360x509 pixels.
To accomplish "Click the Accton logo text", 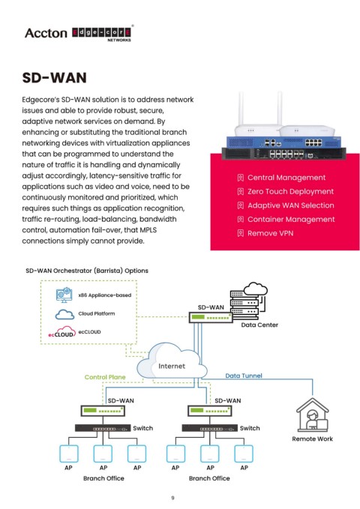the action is click(x=46, y=33).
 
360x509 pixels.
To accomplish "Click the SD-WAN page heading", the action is click(x=54, y=78).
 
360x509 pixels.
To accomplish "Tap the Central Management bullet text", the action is click(x=286, y=178).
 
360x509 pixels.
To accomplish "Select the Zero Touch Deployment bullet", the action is click(x=290, y=191).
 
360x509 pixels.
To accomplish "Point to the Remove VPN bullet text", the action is click(x=270, y=233).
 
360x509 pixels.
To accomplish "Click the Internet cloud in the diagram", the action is click(x=172, y=362).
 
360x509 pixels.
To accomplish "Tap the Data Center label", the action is click(x=259, y=325).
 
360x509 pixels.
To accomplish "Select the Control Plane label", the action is click(x=105, y=377).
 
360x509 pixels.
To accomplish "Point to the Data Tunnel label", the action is click(x=244, y=376).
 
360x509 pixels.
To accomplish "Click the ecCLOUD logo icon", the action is click(x=61, y=332).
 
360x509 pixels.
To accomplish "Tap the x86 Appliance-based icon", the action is click(x=64, y=295).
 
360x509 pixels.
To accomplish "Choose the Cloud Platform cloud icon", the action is click(x=64, y=314).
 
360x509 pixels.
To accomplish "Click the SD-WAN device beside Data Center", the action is click(x=211, y=317).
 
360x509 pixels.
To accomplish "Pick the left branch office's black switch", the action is click(x=103, y=428).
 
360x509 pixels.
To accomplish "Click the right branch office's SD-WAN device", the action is click(x=209, y=411).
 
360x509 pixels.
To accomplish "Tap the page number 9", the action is click(x=172, y=498).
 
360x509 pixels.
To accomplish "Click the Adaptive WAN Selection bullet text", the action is click(x=290, y=205).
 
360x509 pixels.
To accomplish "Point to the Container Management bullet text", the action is click(x=291, y=220).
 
